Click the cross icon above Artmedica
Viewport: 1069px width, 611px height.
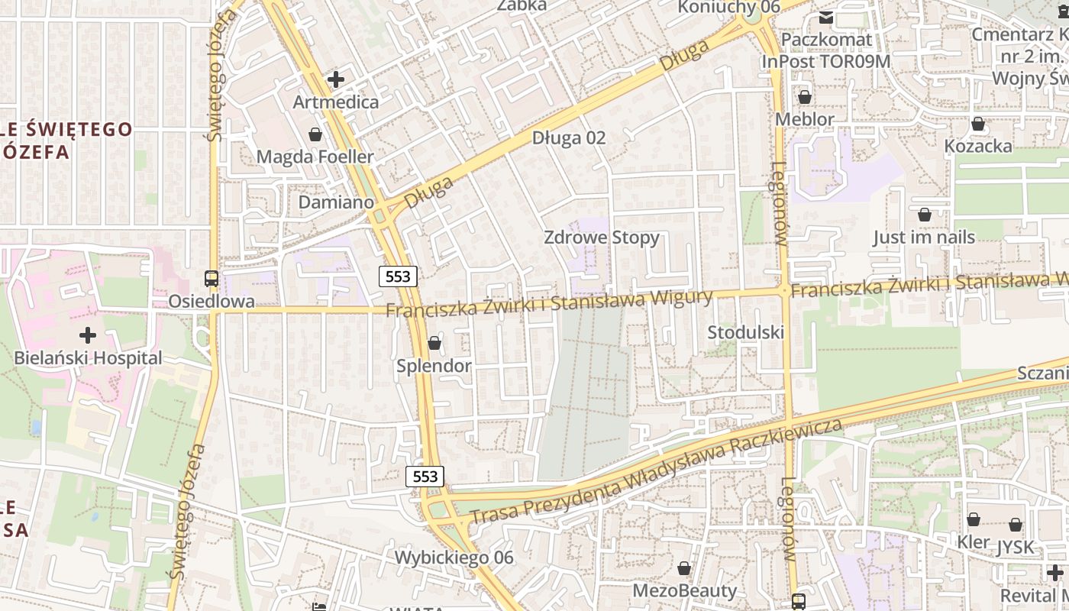(x=335, y=79)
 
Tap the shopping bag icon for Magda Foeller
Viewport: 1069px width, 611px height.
(x=315, y=135)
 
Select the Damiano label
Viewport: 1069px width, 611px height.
(x=336, y=202)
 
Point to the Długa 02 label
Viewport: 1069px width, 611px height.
(x=569, y=137)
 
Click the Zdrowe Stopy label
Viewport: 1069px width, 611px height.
(x=602, y=238)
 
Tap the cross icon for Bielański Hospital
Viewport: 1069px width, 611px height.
(x=88, y=335)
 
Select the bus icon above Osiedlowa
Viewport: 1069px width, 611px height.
(x=212, y=279)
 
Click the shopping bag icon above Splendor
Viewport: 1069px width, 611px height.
(x=434, y=344)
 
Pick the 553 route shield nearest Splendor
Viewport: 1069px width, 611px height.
(x=399, y=276)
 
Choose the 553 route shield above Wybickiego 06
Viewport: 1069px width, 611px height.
(x=425, y=477)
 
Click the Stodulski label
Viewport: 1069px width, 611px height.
(x=745, y=332)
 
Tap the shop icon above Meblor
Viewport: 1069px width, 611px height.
(x=804, y=97)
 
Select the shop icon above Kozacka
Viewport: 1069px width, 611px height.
(x=978, y=124)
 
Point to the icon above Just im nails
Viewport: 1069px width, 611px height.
(x=925, y=215)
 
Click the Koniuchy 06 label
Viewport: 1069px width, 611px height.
(x=729, y=7)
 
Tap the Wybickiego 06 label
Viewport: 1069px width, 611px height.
(x=454, y=558)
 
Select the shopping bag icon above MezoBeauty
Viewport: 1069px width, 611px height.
(x=684, y=568)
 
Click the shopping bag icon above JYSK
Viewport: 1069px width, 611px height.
(x=1016, y=525)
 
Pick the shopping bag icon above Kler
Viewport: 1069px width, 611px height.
(x=974, y=520)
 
